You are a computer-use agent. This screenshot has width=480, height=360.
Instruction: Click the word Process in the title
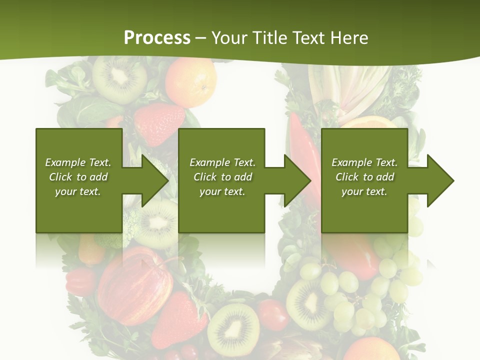pos(157,37)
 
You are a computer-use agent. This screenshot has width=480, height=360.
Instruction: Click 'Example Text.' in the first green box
pos(78,162)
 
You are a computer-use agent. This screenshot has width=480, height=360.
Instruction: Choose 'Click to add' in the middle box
pos(223,177)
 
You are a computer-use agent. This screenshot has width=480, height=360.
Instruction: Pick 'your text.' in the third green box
pos(364,191)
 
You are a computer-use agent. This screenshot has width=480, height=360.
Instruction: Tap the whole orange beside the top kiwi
pos(191,81)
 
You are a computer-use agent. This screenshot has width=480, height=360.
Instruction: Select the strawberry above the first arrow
pos(159,123)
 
